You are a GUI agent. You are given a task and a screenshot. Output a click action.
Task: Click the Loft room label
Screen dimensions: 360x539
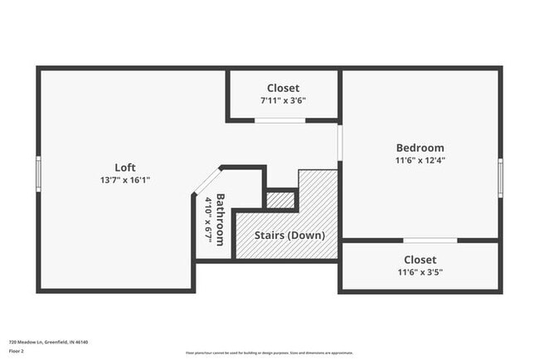[125, 167]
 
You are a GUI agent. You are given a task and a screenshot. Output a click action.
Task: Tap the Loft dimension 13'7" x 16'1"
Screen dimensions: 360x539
[125, 179]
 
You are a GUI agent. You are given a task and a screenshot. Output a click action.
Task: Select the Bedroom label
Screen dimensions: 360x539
[420, 148]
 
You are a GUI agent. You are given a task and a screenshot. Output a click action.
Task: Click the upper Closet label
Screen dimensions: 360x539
[283, 88]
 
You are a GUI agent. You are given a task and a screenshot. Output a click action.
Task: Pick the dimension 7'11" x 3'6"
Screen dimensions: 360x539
[283, 100]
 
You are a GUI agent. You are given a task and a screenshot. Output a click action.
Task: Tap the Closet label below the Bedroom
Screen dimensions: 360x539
[420, 259]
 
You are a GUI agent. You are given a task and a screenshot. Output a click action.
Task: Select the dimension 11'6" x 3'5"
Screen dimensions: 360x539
[420, 271]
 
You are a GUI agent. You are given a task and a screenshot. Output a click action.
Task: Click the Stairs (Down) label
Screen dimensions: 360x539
[289, 235]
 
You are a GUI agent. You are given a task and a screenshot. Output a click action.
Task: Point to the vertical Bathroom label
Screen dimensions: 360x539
[220, 219]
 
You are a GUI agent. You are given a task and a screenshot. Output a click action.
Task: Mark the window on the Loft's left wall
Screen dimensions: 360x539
[38, 174]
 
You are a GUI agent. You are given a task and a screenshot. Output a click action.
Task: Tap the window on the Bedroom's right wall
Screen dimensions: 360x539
[500, 177]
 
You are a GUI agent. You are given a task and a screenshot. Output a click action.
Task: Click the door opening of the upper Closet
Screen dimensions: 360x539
[279, 120]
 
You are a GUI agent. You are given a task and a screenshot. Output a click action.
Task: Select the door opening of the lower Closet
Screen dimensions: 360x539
[430, 241]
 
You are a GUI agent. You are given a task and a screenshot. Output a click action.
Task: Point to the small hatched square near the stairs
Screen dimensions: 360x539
[280, 200]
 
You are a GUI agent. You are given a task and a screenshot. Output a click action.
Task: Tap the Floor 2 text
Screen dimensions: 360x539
[17, 351]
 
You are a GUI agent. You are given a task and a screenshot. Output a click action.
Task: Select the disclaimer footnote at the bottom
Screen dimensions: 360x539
[269, 352]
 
